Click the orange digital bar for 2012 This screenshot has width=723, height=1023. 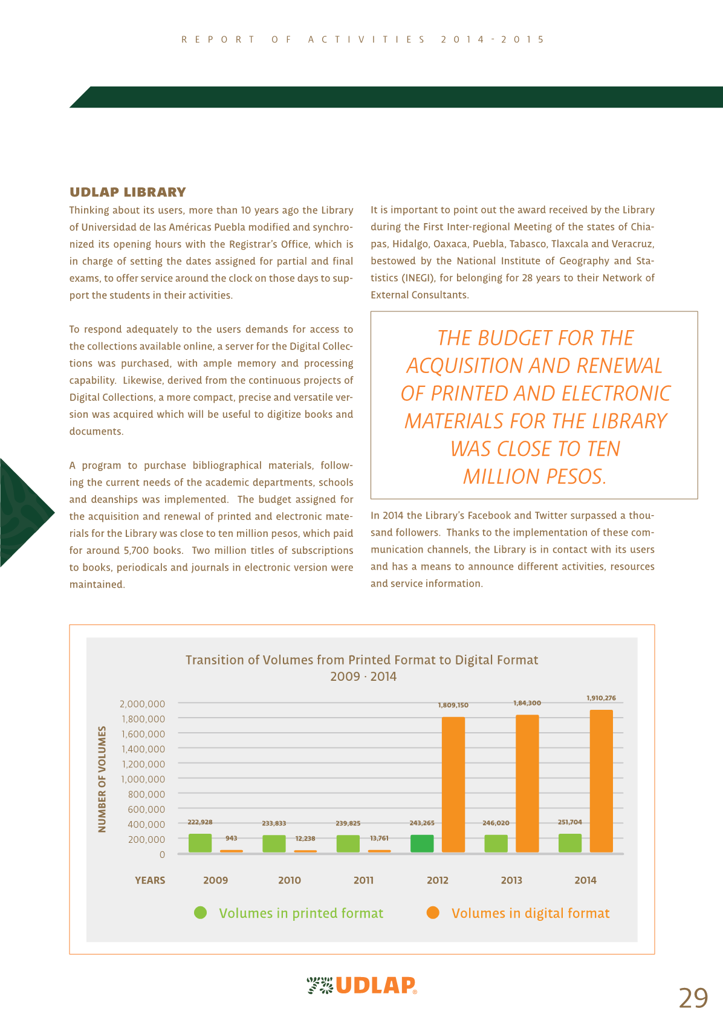[x=453, y=784]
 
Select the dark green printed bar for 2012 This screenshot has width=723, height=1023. [x=422, y=843]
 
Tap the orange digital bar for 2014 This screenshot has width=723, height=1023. [x=601, y=781]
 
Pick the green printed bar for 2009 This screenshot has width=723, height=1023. [x=200, y=843]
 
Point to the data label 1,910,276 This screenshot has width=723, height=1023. [x=601, y=698]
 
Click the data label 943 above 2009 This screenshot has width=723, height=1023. [x=231, y=839]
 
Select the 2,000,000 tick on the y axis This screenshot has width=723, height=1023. [x=142, y=704]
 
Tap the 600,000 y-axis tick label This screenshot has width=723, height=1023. [x=146, y=809]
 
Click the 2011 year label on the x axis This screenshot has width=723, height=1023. [x=363, y=880]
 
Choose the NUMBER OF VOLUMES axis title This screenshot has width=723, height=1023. [x=102, y=779]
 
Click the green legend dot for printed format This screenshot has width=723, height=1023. [x=200, y=912]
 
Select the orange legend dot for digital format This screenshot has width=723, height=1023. [x=433, y=912]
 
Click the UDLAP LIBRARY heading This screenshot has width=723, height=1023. [x=128, y=192]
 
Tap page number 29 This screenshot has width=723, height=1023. [x=693, y=998]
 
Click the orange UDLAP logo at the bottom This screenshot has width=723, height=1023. [x=375, y=986]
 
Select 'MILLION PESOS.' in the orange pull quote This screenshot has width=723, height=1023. [x=534, y=476]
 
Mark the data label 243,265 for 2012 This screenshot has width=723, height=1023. [x=422, y=823]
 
